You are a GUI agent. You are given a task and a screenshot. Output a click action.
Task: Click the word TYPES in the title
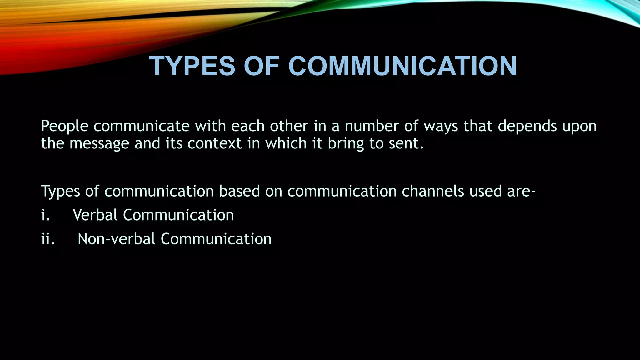[192, 66]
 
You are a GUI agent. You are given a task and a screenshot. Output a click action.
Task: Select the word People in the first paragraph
[65, 126]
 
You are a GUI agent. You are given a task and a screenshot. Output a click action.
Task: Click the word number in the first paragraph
[372, 126]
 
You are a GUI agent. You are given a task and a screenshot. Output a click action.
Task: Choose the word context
[215, 143]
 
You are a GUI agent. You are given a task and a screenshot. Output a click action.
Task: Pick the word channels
[433, 191]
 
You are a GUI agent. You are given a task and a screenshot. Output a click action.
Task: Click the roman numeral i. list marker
[45, 215]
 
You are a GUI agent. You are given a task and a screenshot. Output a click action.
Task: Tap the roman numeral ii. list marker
[47, 239]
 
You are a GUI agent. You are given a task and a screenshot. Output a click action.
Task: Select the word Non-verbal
[116, 239]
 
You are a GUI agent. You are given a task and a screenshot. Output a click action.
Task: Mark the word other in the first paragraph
[289, 126]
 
